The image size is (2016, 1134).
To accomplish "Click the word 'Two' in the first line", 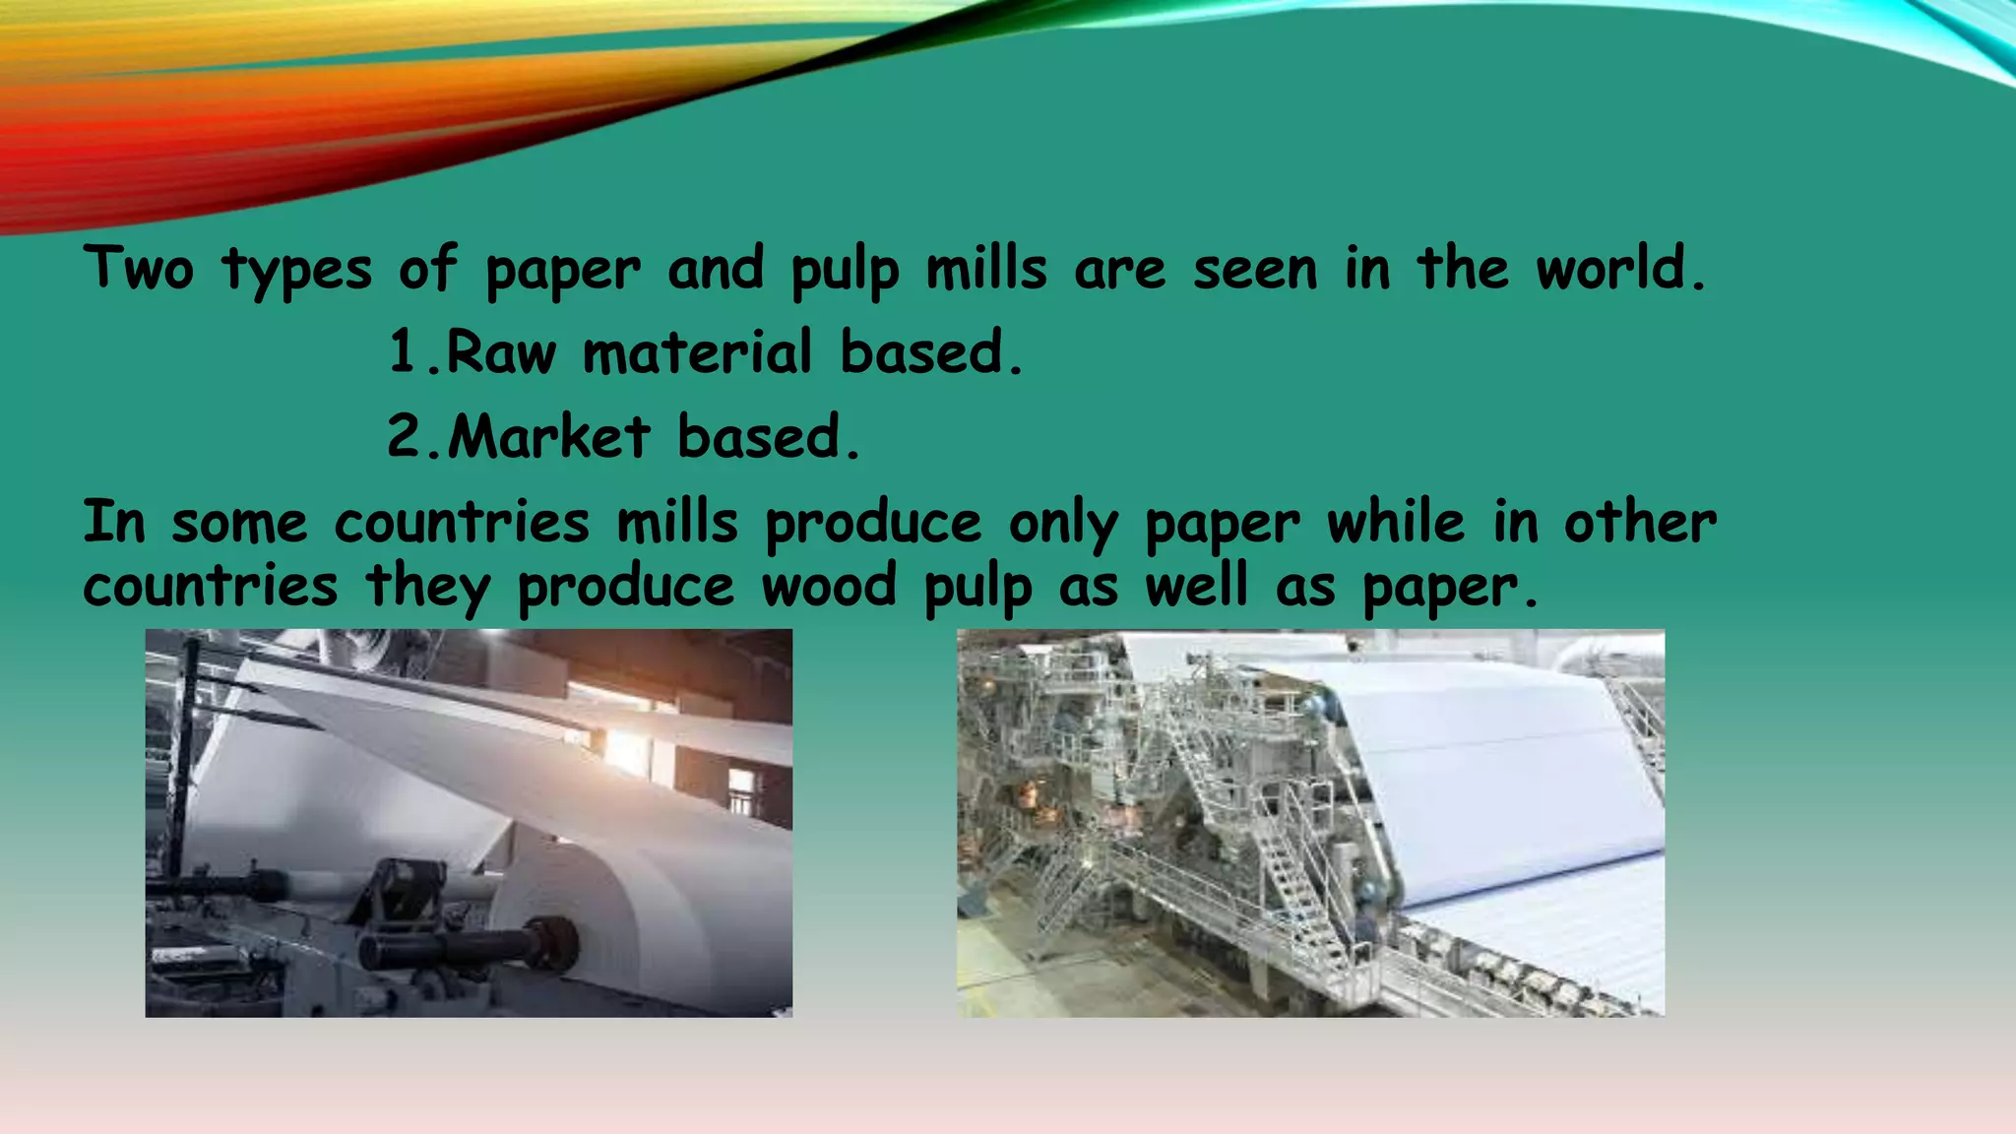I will [x=139, y=268].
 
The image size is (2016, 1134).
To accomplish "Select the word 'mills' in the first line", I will [x=986, y=268].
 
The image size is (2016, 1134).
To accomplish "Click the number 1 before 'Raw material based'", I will [x=403, y=352].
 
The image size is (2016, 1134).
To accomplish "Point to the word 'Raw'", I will [x=501, y=352].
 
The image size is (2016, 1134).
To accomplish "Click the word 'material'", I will [x=698, y=352].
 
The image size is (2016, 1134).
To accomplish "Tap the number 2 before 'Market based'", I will [x=404, y=436].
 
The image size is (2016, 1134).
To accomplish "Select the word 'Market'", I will [x=549, y=436].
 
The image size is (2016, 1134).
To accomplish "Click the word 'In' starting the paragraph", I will [x=114, y=522].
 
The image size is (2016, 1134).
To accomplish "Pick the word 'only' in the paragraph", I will [x=1063, y=524].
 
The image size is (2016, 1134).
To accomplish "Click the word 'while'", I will [x=1396, y=522].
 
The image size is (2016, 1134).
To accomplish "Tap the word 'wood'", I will [x=829, y=586].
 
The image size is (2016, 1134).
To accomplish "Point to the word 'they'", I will [x=427, y=588].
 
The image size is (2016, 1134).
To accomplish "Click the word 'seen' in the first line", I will [x=1255, y=270].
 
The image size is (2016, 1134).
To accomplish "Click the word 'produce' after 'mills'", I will [x=873, y=524].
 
